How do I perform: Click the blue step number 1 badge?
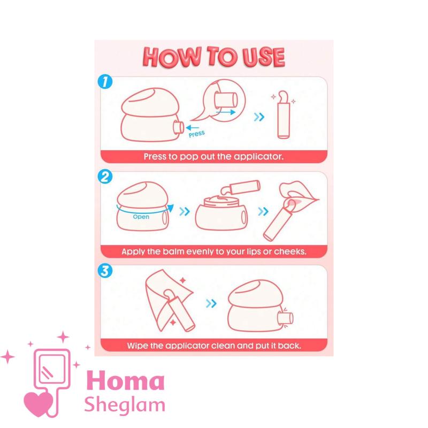(x=105, y=82)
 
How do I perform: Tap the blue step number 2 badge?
(x=105, y=177)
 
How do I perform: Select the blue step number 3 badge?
(x=105, y=271)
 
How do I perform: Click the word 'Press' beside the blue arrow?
(x=196, y=134)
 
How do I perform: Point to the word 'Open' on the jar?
(x=141, y=217)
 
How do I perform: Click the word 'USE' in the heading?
(x=264, y=57)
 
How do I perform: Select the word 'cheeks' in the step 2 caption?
(x=290, y=251)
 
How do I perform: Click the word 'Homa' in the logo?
(x=126, y=380)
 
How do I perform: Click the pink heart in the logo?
(x=39, y=404)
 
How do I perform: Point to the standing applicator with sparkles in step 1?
(x=284, y=115)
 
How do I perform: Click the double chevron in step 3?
(x=211, y=303)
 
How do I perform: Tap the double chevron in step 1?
(x=259, y=117)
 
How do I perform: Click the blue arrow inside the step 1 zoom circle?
(x=225, y=112)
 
